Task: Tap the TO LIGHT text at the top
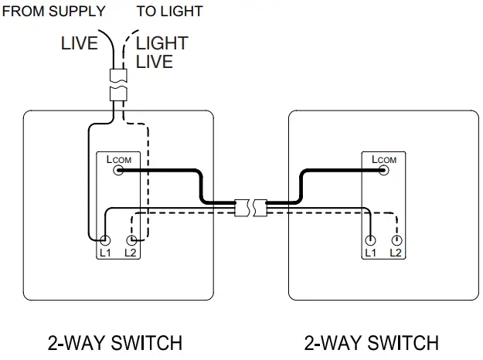coord(169,12)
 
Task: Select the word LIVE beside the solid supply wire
coord(80,43)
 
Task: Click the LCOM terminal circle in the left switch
coord(118,172)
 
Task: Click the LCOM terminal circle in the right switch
coord(385,172)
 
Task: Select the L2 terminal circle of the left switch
coord(130,241)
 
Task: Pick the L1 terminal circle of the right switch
coord(371,241)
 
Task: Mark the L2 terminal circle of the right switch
coord(396,241)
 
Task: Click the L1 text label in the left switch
coord(104,253)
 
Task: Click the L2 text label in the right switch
coord(396,253)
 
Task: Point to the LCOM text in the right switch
coord(384,160)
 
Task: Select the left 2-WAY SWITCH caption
coord(116,342)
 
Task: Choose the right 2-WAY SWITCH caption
coord(372,342)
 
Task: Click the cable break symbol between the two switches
coord(250,206)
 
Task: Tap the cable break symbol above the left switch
coord(117,85)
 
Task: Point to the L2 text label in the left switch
coord(130,253)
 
